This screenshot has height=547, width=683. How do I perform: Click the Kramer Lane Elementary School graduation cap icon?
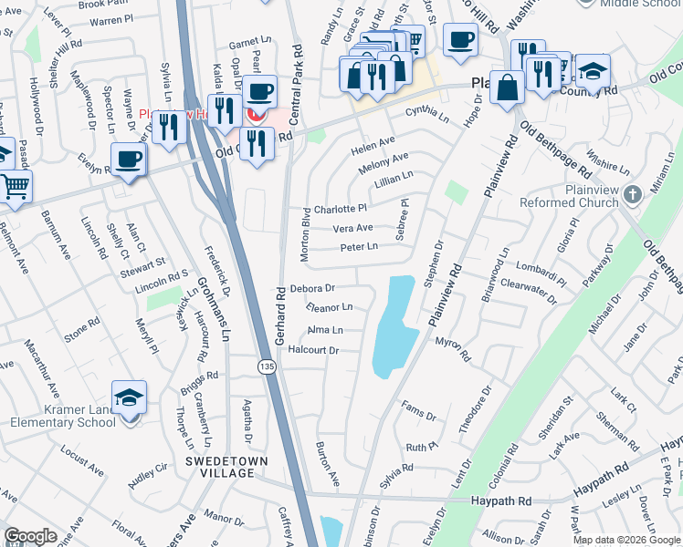point(129,397)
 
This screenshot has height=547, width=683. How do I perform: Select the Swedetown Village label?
point(227,467)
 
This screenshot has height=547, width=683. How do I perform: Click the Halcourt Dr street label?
point(314,350)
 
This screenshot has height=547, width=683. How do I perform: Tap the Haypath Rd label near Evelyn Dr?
point(501,501)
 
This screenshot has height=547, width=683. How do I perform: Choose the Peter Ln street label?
point(359,247)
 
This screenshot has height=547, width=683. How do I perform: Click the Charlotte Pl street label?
point(340,209)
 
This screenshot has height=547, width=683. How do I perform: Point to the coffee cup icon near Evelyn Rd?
point(129,160)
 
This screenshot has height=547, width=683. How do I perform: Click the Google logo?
point(31,536)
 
